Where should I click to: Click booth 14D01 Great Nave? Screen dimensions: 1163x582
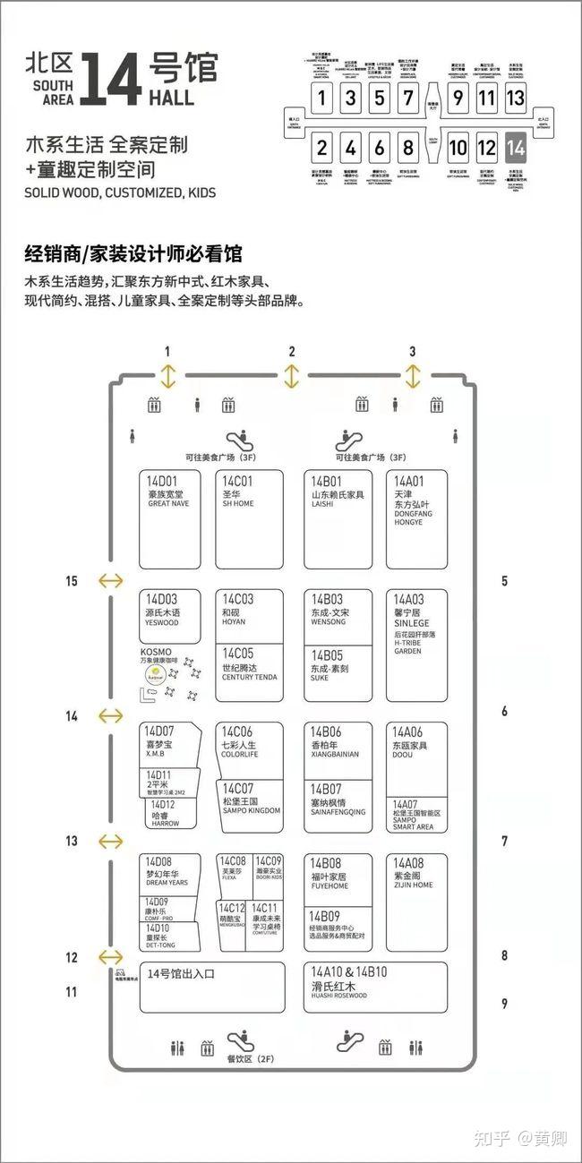(169, 519)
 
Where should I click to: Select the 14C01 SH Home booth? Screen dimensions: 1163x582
(249, 519)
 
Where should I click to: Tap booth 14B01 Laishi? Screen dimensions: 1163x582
(338, 519)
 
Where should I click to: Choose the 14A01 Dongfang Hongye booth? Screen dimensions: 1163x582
(416, 519)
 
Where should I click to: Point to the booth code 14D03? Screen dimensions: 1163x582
(162, 599)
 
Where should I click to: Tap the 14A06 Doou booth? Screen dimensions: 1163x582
(416, 757)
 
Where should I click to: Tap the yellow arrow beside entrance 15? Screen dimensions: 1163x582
(110, 581)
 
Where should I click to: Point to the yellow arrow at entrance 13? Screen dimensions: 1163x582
(110, 841)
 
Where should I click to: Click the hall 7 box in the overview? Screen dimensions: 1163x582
(408, 98)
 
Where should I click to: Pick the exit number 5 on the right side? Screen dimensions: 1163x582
(504, 581)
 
